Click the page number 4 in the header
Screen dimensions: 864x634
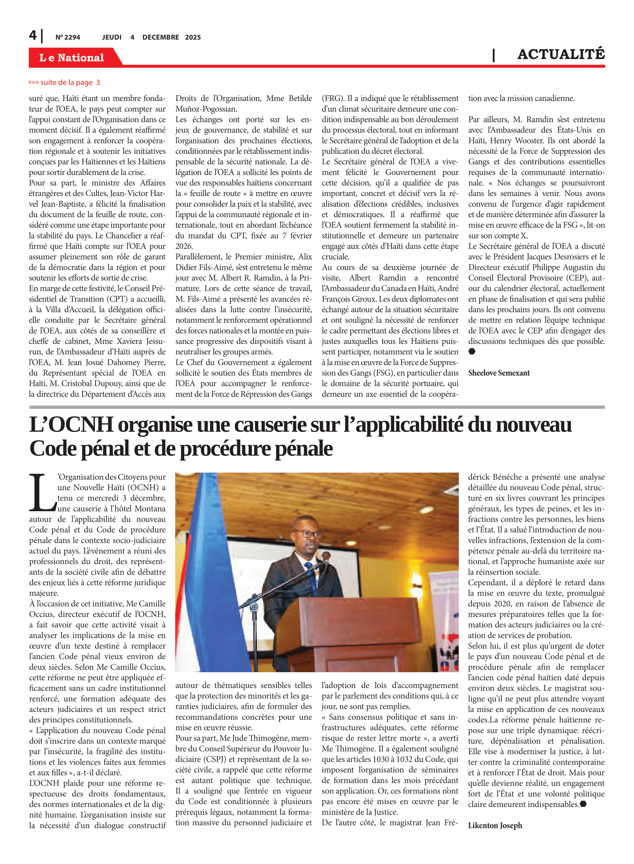click(x=33, y=36)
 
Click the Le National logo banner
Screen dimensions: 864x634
click(x=72, y=58)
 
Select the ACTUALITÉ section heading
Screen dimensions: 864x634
click(x=561, y=54)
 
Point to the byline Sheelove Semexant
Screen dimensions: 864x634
click(x=499, y=373)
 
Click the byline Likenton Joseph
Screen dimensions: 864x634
click(x=495, y=825)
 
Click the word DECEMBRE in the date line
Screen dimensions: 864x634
click(x=161, y=37)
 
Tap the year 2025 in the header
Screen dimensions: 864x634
click(x=193, y=37)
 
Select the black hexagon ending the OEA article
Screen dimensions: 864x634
click(x=472, y=351)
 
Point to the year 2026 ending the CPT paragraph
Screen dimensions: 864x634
click(x=184, y=246)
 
